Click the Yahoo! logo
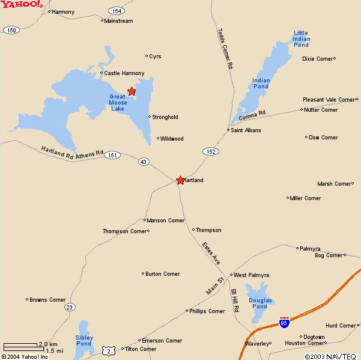pos(21,5)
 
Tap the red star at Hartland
pos(180,180)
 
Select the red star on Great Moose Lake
pos(132,91)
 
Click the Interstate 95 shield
pos(284,323)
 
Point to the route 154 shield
pos(117,11)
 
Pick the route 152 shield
pos(210,151)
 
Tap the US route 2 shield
pos(108,348)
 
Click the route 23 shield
pos(70,307)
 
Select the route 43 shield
pos(143,162)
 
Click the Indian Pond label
pos(261,83)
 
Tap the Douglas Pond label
pos(260,303)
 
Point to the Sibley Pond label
pos(83,340)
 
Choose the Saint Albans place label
pos(246,130)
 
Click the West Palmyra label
pos(248,275)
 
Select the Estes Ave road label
pos(211,252)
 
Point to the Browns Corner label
pos(47,299)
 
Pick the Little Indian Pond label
pos(301,39)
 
